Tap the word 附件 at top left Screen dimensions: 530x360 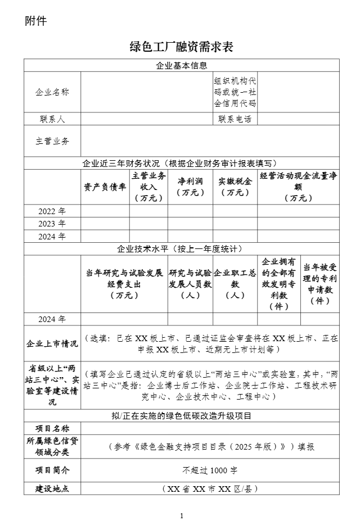point(35,21)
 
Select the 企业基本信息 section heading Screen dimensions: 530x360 point(181,66)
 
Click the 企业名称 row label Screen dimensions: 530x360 point(52,92)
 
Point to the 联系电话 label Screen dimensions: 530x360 point(235,119)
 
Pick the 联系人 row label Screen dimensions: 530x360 point(52,119)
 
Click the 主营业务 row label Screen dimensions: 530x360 point(52,141)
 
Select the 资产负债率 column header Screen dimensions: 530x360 point(105,187)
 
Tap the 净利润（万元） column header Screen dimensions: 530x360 point(191,187)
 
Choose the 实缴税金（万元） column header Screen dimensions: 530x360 point(235,187)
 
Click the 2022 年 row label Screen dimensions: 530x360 point(52,211)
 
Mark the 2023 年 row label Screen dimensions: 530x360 point(52,224)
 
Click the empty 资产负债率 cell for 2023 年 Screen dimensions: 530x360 point(105,224)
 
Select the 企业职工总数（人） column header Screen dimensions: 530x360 point(235,284)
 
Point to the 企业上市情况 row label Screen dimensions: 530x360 point(52,343)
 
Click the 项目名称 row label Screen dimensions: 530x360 point(52,429)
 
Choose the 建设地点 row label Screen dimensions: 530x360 point(52,488)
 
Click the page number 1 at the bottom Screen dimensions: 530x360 point(182,516)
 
